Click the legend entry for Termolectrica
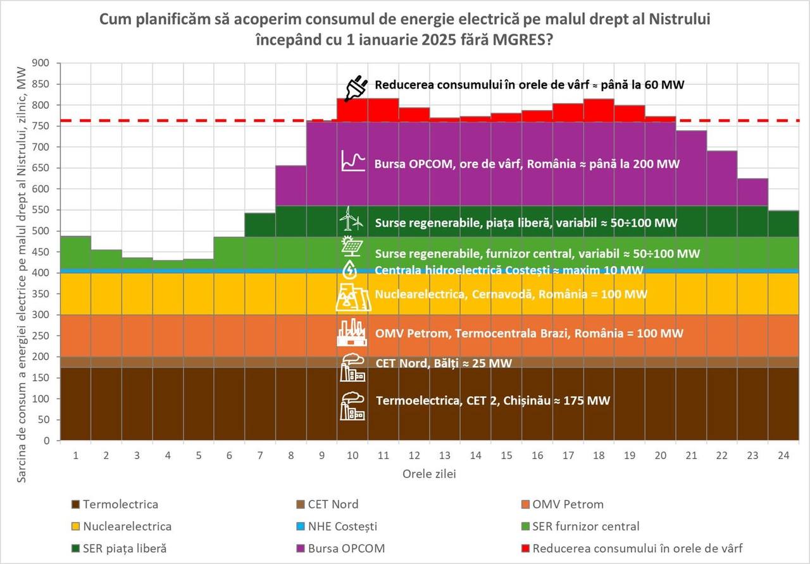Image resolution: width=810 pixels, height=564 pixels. (115, 505)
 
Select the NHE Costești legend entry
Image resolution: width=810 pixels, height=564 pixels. (342, 526)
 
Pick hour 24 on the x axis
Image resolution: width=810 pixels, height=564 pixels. (783, 455)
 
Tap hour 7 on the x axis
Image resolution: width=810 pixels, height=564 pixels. (261, 455)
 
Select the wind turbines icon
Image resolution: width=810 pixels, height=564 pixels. (351, 219)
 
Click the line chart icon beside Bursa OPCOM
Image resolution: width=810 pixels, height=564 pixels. (352, 161)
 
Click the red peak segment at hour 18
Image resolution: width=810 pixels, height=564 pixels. (598, 110)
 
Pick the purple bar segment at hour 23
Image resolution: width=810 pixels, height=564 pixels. (752, 192)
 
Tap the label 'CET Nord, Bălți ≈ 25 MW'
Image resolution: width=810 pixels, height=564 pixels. (443, 364)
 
